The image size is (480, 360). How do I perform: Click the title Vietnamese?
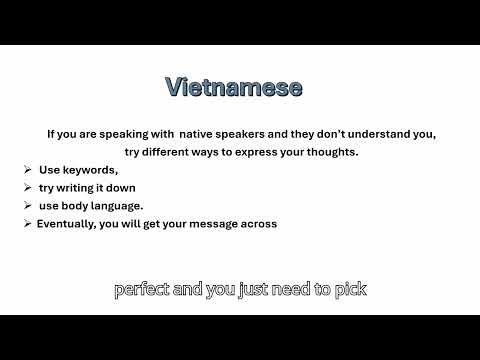(x=233, y=88)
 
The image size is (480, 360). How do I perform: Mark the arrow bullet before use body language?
(x=27, y=206)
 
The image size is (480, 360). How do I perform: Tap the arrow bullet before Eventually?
(x=27, y=224)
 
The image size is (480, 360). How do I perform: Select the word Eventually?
(x=67, y=224)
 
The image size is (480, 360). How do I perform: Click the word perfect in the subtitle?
(x=142, y=291)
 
